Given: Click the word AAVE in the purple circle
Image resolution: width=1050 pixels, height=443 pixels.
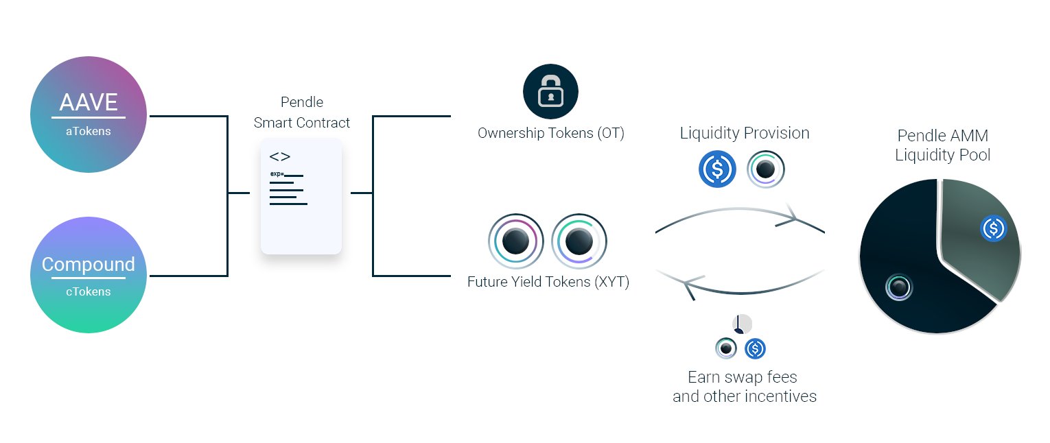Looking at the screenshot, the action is (x=89, y=103).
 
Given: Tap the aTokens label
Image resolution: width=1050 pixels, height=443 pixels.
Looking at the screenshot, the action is (x=88, y=131).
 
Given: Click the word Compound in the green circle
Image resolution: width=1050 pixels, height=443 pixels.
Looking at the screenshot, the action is (x=88, y=265).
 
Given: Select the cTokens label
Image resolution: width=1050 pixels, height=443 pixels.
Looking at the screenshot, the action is (x=88, y=291).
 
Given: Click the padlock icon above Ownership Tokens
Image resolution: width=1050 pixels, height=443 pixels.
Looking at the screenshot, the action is (x=550, y=91).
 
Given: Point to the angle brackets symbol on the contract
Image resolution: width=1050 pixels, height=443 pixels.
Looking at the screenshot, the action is (x=280, y=156).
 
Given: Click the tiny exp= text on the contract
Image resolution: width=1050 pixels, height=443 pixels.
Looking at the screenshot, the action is (x=277, y=173).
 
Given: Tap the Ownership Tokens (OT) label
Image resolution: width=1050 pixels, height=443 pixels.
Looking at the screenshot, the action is (x=551, y=133).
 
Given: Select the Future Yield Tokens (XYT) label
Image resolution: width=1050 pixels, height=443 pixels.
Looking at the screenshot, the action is (x=548, y=281).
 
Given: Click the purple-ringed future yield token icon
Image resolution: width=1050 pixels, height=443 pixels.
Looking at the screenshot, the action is (x=515, y=241).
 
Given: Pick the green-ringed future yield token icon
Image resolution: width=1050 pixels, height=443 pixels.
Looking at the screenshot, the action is (x=579, y=241).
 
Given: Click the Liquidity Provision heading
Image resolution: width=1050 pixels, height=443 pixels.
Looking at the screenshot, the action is (x=745, y=133).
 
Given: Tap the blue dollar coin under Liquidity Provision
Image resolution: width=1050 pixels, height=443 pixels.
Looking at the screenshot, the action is (x=717, y=169).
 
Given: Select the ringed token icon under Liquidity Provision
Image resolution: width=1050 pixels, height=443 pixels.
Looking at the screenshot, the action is (x=765, y=169).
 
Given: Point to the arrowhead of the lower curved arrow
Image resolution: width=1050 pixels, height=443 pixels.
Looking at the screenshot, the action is (x=689, y=285).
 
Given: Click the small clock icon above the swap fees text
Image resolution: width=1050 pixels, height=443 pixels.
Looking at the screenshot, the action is (x=742, y=324).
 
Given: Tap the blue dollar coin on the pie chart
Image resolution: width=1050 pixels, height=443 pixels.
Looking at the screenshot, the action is (x=993, y=228).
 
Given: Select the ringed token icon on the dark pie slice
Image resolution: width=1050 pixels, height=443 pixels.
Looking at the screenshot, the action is (x=898, y=287).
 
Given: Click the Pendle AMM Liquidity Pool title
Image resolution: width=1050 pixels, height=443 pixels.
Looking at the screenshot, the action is (x=943, y=145).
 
